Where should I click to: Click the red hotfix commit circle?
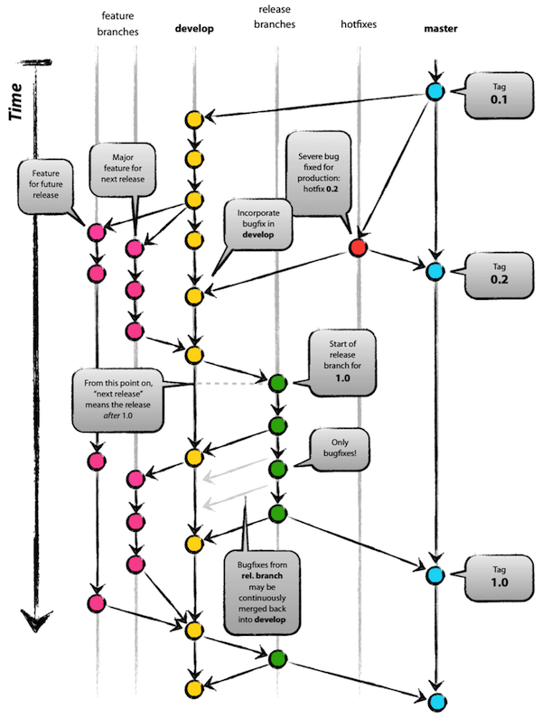(x=359, y=247)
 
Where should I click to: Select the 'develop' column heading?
(x=193, y=29)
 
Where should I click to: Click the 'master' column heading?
(x=440, y=29)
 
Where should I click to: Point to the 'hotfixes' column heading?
(x=359, y=29)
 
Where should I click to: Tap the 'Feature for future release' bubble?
(x=46, y=184)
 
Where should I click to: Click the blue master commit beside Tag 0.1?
(x=435, y=91)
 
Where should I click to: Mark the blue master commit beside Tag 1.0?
(x=435, y=575)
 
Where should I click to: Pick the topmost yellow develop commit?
(x=193, y=119)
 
